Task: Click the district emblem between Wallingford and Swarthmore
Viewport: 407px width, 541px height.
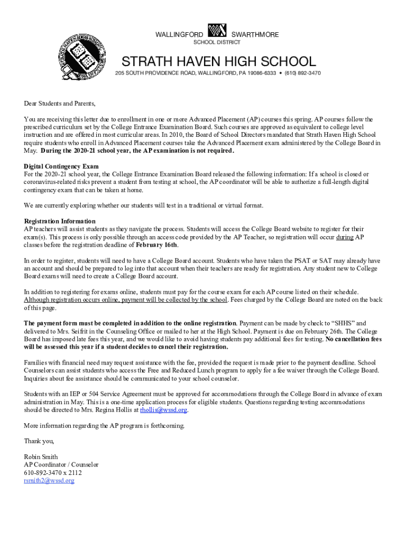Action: tap(217, 31)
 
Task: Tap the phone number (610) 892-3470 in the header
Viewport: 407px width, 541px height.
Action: tap(302, 73)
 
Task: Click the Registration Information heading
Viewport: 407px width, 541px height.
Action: tap(60, 221)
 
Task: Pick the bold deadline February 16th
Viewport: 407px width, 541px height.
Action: tap(156, 245)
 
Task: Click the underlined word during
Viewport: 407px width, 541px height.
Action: tap(345, 237)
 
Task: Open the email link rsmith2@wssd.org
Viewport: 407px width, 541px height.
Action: tap(49, 481)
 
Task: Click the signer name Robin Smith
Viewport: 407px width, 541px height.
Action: tap(41, 457)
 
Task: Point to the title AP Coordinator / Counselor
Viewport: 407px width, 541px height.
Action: tap(61, 465)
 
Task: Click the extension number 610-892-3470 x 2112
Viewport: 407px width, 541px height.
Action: tap(53, 473)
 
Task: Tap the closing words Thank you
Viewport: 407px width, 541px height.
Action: tap(39, 441)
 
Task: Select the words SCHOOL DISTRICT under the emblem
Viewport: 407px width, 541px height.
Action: tap(216, 42)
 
